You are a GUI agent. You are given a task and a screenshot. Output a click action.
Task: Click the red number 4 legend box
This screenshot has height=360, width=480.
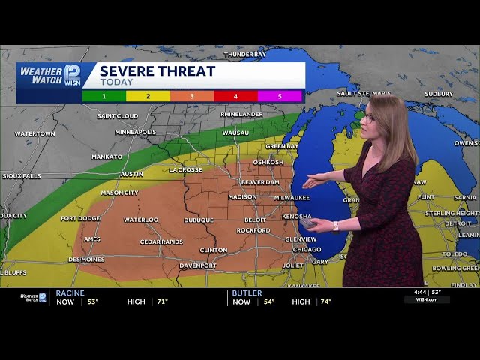tap(235, 96)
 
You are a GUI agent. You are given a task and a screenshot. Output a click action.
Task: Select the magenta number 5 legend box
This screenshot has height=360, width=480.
tap(280, 96)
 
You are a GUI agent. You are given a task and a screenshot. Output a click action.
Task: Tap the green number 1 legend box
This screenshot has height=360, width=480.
tap(104, 96)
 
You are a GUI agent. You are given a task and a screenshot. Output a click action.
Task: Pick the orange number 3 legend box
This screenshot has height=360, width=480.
tap(192, 96)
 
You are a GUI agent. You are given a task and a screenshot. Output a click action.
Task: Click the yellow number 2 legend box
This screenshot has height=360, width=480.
tap(148, 96)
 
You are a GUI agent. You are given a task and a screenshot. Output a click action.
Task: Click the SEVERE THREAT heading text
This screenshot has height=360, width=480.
tap(157, 71)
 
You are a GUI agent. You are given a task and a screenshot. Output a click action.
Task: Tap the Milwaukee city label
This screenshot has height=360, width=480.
tap(292, 197)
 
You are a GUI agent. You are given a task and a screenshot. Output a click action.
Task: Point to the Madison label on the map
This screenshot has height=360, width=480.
tap(242, 197)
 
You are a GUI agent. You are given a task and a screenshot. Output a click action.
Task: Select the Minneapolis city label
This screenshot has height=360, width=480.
tap(136, 132)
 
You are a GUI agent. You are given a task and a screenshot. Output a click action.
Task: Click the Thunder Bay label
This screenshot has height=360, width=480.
tap(245, 55)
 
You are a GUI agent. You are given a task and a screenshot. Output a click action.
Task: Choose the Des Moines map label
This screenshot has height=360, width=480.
tap(86, 259)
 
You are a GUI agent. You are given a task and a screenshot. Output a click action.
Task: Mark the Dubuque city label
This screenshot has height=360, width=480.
tap(199, 220)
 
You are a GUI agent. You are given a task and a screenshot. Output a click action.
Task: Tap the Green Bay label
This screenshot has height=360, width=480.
tap(283, 145)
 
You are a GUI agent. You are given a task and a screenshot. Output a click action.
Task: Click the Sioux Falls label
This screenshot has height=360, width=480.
tap(22, 176)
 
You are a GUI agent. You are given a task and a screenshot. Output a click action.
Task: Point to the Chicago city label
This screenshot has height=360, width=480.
tap(307, 249)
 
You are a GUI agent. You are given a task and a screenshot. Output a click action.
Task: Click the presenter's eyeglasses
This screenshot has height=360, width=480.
tap(369, 118)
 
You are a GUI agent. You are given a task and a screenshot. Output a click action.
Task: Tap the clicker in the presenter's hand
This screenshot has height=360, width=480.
tap(307, 223)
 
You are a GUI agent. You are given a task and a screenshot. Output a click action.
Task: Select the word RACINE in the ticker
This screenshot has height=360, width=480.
tap(70, 292)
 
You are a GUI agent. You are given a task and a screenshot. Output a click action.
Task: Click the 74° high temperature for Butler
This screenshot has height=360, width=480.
tap(324, 301)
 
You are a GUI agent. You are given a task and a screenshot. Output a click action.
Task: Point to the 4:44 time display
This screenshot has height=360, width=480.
tap(420, 292)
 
